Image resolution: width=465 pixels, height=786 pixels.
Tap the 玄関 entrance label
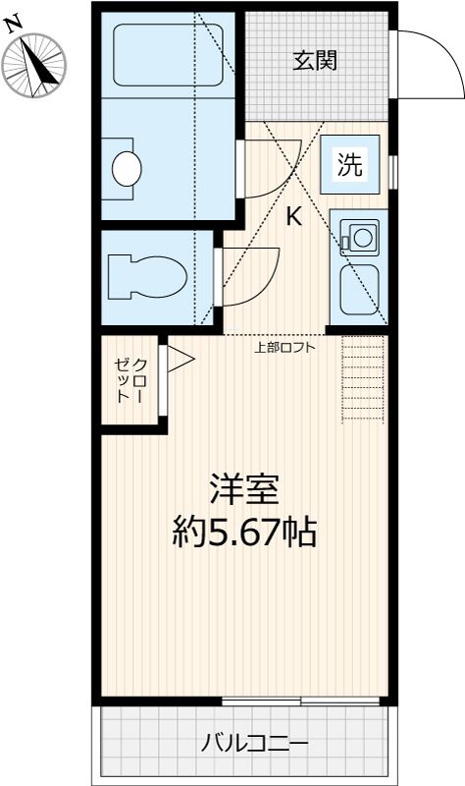pos(315,61)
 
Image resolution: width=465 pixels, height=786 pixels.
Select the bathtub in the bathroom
pos(167,55)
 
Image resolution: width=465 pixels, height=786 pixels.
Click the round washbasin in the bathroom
pos(127,168)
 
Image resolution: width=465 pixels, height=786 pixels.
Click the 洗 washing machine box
pos(350,165)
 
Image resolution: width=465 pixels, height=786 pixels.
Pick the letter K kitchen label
pos(293,217)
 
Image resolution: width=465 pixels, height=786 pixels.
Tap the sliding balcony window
pos(300,701)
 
